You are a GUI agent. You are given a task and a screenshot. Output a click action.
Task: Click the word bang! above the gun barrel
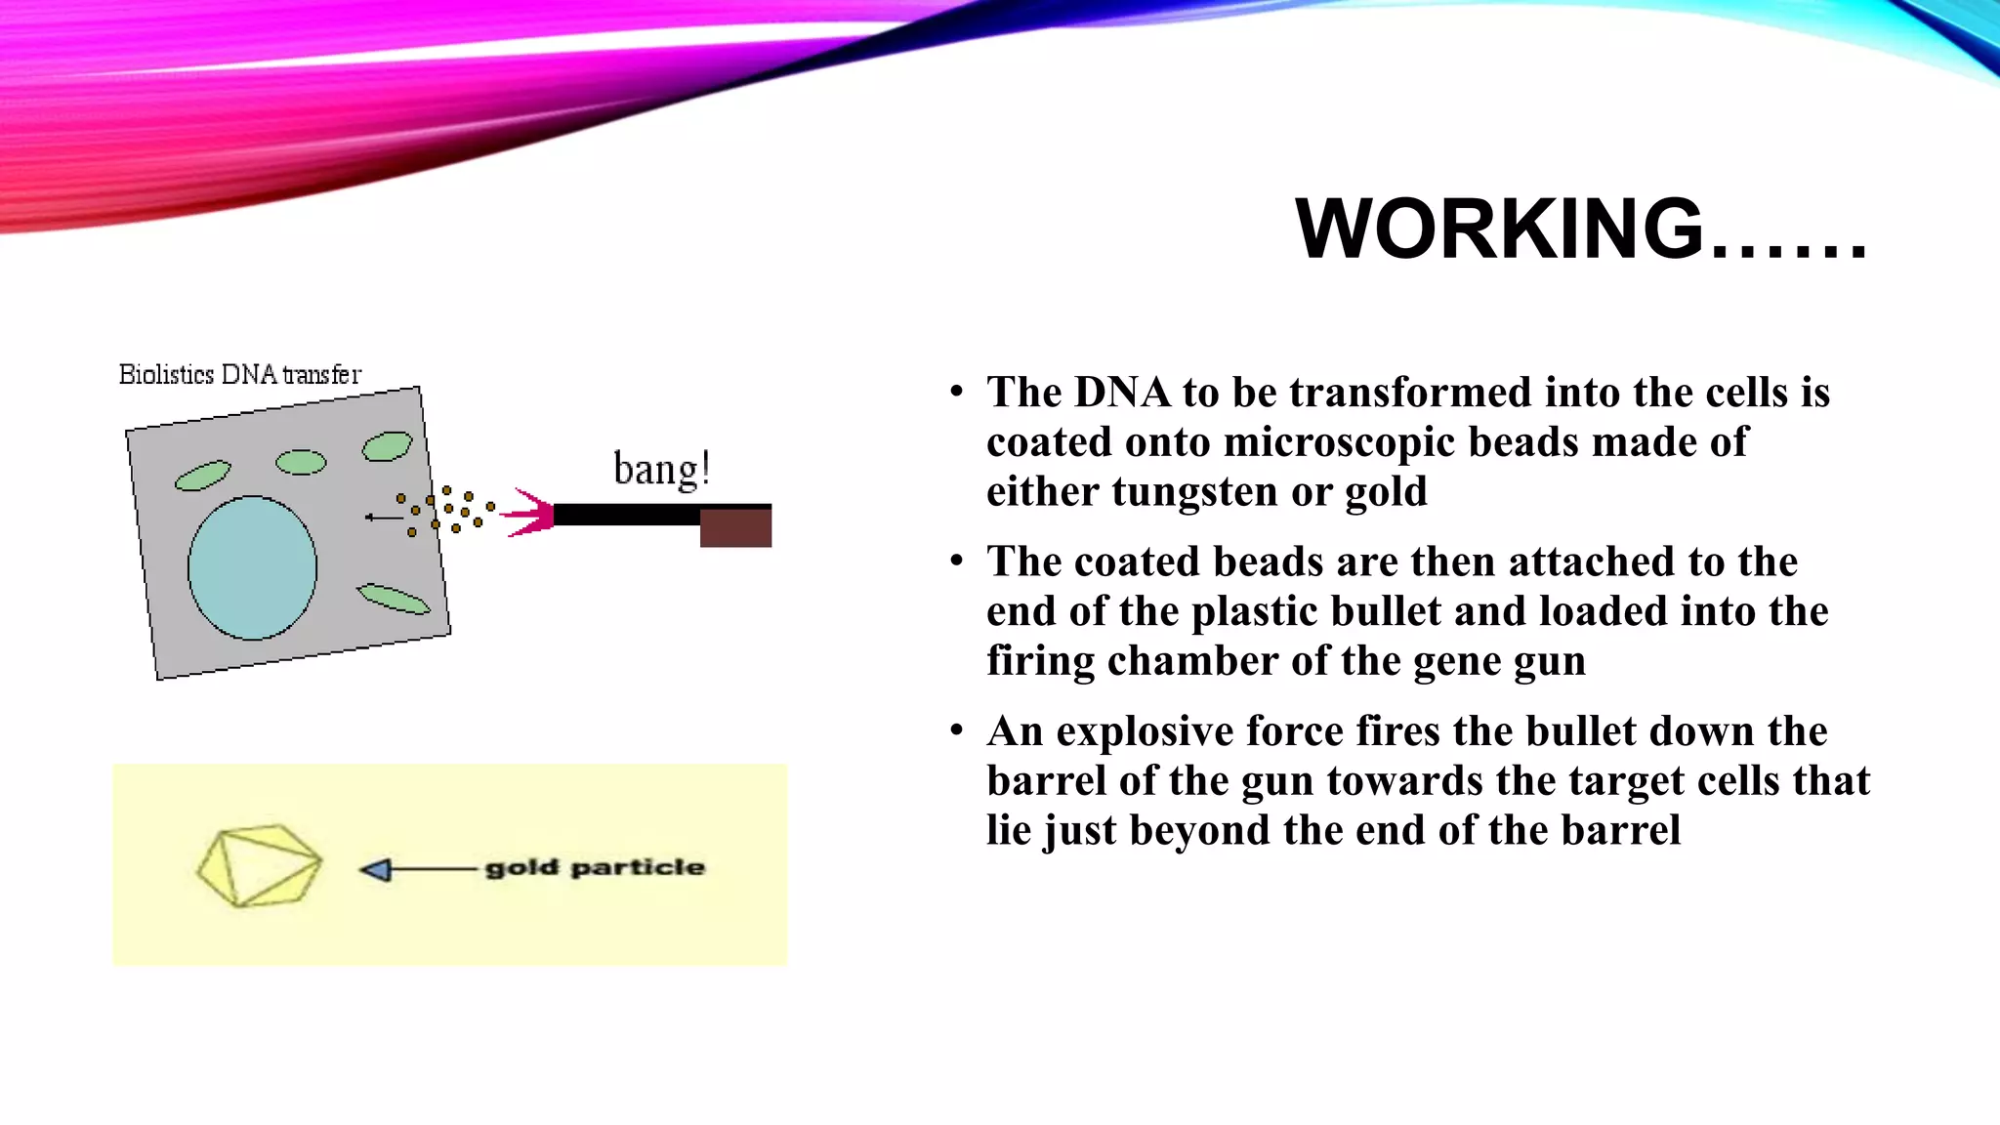[661, 470]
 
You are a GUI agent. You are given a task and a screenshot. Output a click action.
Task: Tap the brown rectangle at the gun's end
[735, 527]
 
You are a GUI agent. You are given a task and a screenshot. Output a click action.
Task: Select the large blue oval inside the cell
[252, 567]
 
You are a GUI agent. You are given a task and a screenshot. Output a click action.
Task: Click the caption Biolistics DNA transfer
[239, 374]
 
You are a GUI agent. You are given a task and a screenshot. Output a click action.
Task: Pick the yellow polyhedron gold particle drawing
[259, 866]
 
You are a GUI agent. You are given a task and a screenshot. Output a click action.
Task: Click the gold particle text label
[594, 867]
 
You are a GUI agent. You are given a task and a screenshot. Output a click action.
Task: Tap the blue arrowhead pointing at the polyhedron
[375, 869]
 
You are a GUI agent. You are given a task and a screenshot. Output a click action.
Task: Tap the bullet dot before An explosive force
[956, 730]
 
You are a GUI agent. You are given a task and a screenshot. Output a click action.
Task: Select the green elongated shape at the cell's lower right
[393, 599]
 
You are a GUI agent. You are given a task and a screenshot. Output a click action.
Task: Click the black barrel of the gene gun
[625, 515]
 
